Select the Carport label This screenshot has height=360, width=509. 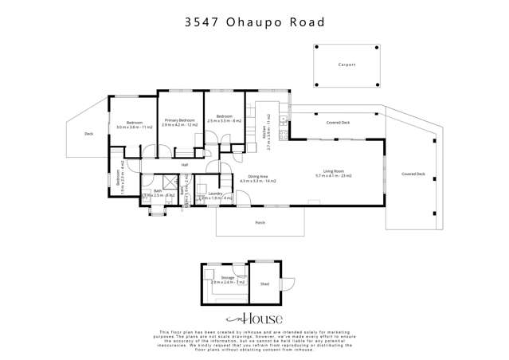point(347,65)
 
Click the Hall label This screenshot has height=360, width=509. point(185,165)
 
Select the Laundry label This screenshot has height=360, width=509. point(214,194)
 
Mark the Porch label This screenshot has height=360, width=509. point(260,223)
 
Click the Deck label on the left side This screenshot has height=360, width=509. point(88,134)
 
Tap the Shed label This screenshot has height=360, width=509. point(264,283)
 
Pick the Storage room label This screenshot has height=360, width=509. point(217,278)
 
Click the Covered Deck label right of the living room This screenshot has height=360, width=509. point(413,174)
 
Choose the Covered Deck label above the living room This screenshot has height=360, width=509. point(339,123)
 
